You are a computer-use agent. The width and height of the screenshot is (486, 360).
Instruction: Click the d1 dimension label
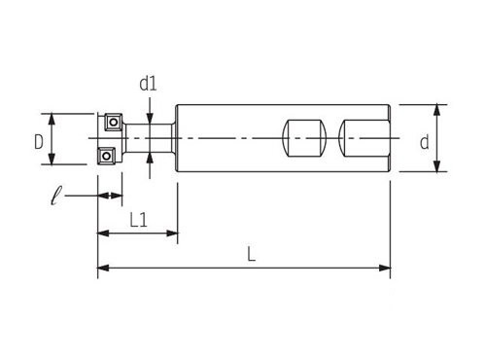(148, 84)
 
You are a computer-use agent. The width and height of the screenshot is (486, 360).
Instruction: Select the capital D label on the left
(39, 142)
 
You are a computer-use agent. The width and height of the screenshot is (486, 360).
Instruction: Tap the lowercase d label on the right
(425, 142)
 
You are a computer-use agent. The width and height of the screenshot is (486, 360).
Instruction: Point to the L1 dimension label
(138, 220)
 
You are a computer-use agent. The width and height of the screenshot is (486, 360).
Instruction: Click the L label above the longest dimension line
(252, 254)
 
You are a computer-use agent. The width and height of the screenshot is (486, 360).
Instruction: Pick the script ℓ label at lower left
(56, 196)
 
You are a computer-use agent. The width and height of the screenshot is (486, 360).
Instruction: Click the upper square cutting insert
(113, 122)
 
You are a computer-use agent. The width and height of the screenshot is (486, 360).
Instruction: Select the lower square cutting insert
(106, 157)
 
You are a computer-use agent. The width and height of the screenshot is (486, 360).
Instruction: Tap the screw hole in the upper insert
(113, 123)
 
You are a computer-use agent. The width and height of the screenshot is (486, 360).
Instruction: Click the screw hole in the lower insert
(106, 157)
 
